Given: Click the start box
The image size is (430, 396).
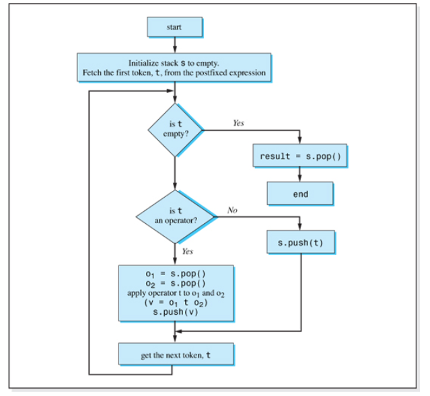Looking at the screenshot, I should coord(174,26).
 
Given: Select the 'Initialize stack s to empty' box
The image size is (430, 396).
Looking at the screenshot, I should coord(174,67).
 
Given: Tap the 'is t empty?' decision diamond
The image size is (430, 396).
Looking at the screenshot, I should coord(175,129).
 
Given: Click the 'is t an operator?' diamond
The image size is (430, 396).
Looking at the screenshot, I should coord(175,216).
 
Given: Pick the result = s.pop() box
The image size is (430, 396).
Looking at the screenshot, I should coord(300,157).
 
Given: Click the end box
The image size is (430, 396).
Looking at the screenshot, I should coord(300,194).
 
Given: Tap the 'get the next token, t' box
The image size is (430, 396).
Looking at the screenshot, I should coord(175,354).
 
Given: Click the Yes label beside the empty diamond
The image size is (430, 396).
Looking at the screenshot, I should coord(238,123).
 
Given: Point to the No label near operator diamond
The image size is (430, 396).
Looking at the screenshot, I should coord(233,210).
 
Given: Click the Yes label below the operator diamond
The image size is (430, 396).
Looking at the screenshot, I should coord(188,251).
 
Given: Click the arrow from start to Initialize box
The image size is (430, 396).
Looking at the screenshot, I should coord(175,45).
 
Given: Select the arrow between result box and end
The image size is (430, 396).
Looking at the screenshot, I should coord(300,175).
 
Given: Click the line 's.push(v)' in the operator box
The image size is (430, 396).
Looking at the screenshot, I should coord(175,312).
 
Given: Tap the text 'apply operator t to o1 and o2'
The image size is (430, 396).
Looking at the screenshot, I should coord(175,294).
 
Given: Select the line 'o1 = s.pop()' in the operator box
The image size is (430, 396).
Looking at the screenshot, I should coord(175,274).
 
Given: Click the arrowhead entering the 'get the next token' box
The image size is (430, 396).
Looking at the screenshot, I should coord(175,340).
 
